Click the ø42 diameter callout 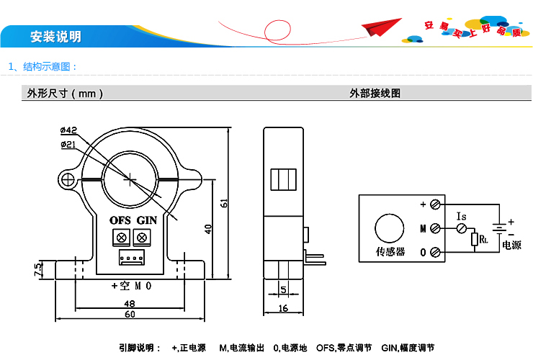tap(69, 130)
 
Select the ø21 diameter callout tap(69, 145)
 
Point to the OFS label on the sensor tap(120, 220)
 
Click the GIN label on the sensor tap(147, 220)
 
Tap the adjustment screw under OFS tap(121, 237)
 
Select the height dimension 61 tap(224, 204)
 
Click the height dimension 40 tap(208, 228)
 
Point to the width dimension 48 tap(130, 302)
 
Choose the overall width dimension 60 tap(130, 315)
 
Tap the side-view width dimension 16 tap(282, 308)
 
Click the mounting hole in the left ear tap(68, 179)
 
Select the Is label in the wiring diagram tap(462, 215)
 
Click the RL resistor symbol tap(474, 238)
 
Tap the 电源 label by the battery tap(511, 245)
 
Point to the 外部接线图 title tap(375, 94)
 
